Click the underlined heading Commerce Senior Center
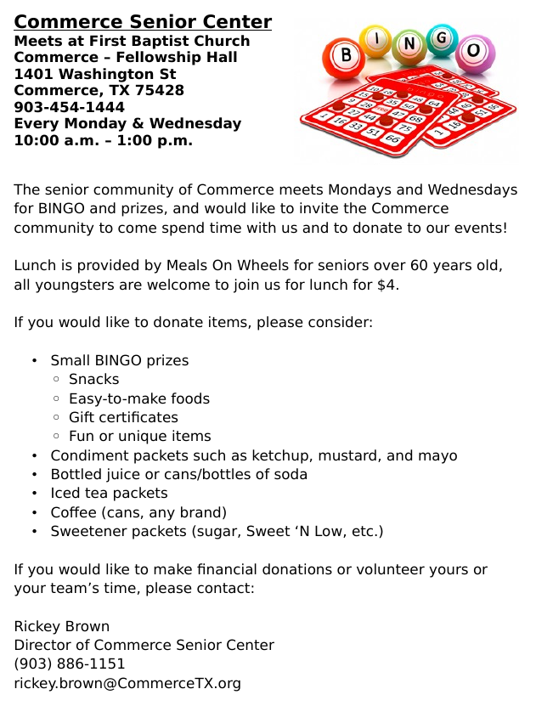pos(143,22)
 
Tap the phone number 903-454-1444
pos(69,107)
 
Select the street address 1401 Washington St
pos(94,74)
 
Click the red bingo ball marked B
pos(346,57)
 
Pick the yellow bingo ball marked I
pos(376,38)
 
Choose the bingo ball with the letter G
pos(442,37)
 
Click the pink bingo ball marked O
pos(471,51)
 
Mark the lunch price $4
pos(386,285)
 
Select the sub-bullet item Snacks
pos(93,379)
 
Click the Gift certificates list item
pos(123,417)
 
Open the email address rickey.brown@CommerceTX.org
pos(127,683)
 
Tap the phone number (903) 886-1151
pos(70,664)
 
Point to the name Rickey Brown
pos(61,626)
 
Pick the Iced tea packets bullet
pos(109,493)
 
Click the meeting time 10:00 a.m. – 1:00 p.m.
pos(103,140)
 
